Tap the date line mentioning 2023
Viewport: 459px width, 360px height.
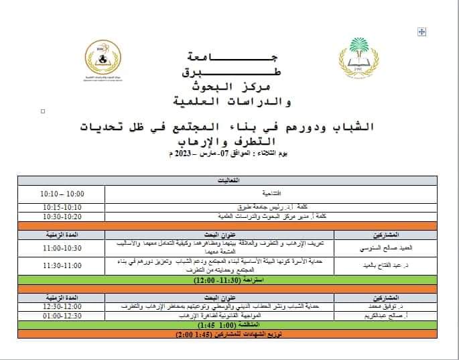coord(228,154)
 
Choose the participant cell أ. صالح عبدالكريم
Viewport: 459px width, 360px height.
coord(389,315)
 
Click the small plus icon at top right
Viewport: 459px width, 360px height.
coord(421,32)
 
